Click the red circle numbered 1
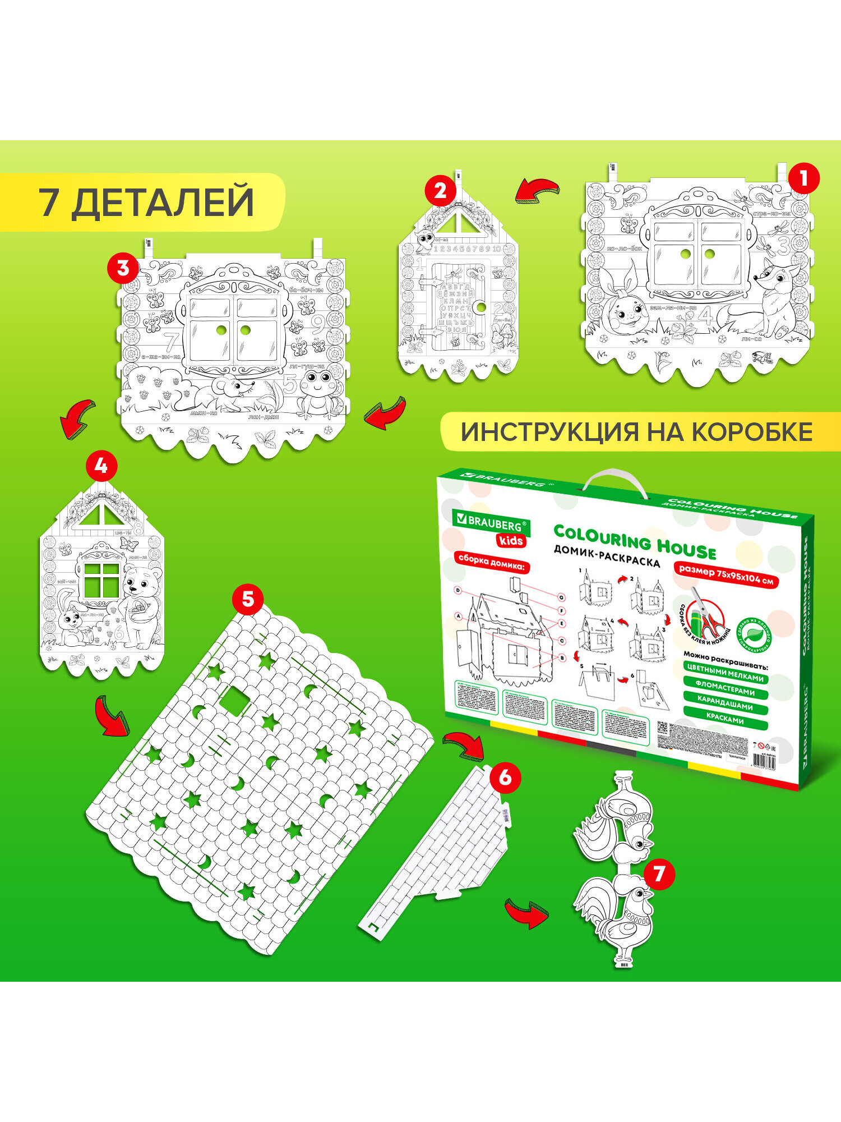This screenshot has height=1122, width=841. [x=803, y=178]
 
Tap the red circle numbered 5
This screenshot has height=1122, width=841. [x=248, y=599]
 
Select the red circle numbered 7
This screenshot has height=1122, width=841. [x=659, y=873]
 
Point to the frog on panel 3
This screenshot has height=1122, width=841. [x=318, y=391]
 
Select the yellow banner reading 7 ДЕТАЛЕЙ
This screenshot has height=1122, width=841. [x=143, y=202]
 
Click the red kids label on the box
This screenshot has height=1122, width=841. [x=510, y=541]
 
